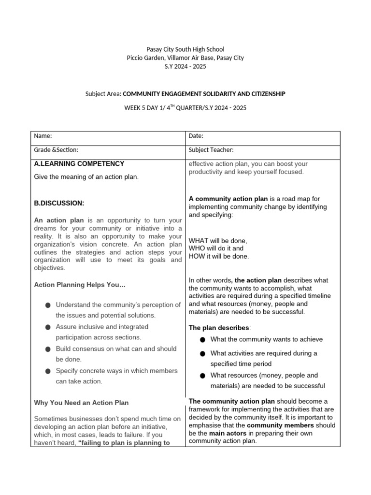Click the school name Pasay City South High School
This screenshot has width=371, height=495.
(x=185, y=49)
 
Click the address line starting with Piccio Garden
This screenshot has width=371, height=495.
(x=185, y=58)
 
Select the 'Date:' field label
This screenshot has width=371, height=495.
(x=196, y=136)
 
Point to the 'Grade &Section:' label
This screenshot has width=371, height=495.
(x=56, y=150)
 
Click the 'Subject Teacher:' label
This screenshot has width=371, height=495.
(x=211, y=150)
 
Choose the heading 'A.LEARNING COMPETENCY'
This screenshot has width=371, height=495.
(x=79, y=164)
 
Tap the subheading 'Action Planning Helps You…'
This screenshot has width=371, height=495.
(x=80, y=285)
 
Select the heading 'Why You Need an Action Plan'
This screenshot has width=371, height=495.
(x=81, y=403)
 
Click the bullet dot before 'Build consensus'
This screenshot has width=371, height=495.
(x=47, y=349)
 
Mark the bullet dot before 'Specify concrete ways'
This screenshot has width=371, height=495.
(x=47, y=371)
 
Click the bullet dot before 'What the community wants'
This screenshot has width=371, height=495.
(x=202, y=340)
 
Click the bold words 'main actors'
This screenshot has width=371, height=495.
(x=228, y=433)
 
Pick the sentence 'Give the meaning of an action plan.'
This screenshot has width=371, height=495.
(x=86, y=177)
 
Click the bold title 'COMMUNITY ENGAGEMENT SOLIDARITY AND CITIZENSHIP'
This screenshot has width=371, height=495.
(x=204, y=94)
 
